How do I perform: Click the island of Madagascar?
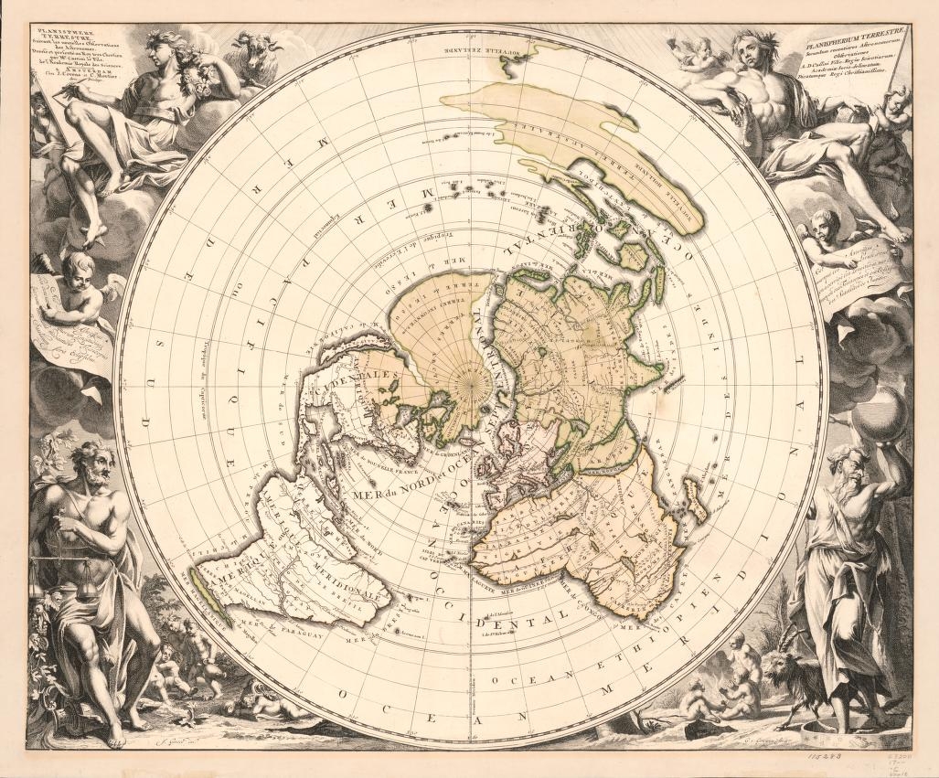694,502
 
